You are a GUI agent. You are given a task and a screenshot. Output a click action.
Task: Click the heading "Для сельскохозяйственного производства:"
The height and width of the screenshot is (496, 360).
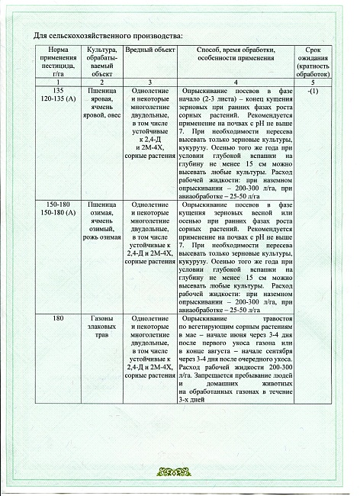[x=108, y=36]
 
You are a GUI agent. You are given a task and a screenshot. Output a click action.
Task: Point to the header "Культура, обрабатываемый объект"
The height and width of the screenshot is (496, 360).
[x=101, y=62]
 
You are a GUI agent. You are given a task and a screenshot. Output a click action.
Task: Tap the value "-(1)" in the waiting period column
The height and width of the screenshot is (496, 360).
[x=311, y=92]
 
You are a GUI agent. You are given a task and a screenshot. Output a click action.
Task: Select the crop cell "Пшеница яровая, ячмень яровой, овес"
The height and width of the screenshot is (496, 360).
[x=101, y=105]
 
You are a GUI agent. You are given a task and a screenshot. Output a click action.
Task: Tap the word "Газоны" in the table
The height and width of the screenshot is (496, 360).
[x=101, y=316]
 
